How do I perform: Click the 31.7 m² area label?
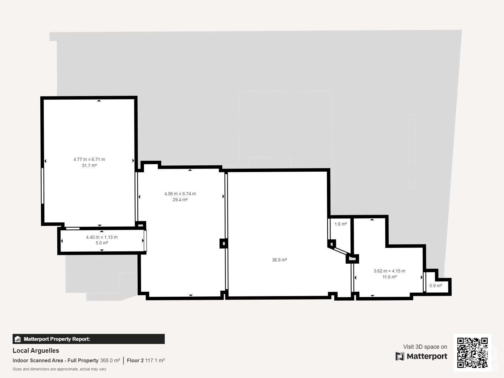click(x=89, y=165)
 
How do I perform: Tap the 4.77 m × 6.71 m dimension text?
click(x=89, y=159)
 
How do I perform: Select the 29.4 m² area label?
click(x=180, y=200)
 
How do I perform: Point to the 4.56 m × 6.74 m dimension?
click(x=180, y=194)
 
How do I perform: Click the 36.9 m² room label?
click(x=279, y=260)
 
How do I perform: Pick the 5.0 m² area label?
click(x=102, y=243)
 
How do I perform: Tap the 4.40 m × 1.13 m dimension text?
click(x=102, y=237)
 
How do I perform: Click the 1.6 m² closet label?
click(x=341, y=224)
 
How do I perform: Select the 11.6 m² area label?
click(x=389, y=277)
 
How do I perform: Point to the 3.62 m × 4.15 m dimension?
click(x=389, y=271)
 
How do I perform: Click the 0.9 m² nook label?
click(x=436, y=286)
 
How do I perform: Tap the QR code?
click(x=472, y=353)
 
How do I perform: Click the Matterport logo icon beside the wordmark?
click(x=400, y=356)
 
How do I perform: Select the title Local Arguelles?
click(x=36, y=351)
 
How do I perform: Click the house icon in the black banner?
click(x=17, y=339)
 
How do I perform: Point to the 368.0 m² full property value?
click(x=110, y=360)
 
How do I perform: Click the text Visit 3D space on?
click(x=425, y=346)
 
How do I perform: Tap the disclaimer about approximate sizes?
click(x=59, y=369)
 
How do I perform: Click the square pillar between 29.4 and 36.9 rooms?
click(x=224, y=243)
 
